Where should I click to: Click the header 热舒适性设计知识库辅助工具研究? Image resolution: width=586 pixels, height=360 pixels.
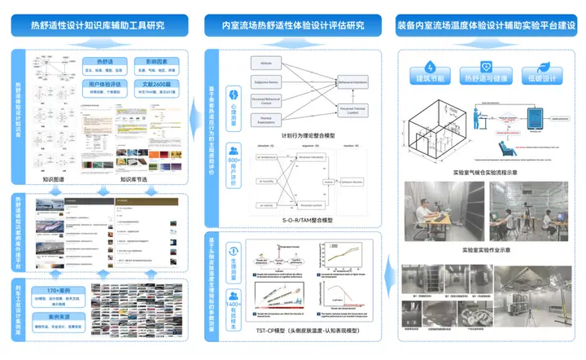(98, 25)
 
